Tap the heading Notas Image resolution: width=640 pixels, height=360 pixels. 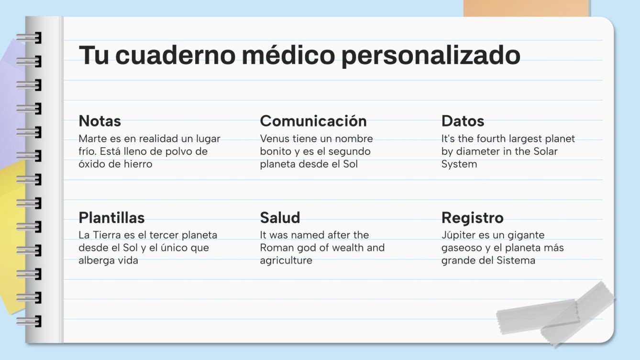point(99,121)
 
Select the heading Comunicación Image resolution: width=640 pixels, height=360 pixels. point(313,121)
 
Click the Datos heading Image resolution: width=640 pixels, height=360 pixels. point(463,121)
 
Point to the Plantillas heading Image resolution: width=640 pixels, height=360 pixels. point(111,218)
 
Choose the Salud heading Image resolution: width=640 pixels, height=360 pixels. point(280,218)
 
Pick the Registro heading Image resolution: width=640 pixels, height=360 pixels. point(472,218)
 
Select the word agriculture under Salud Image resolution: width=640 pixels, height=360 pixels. point(286,261)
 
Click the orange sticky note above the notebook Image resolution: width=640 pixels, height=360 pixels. point(526,8)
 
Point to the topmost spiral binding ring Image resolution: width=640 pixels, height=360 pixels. point(29,38)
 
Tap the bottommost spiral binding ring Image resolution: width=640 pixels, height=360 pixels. point(29,321)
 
